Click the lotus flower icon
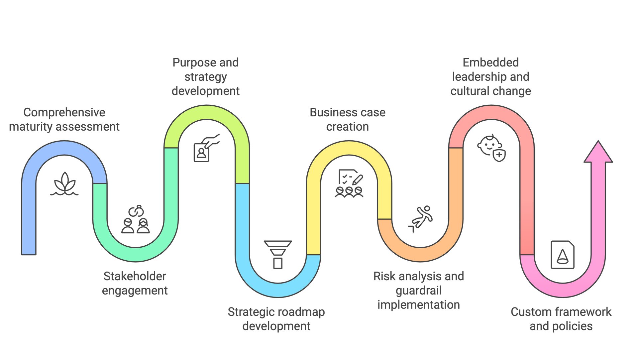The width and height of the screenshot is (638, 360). coord(64,184)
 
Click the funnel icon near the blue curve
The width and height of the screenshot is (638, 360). coord(278,254)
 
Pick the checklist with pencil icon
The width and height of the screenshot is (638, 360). coord(349,183)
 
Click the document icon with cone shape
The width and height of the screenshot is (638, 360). coord(563,255)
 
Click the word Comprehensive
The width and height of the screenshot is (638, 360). coord(64,112)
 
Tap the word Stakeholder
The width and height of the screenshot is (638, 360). coord(135,276)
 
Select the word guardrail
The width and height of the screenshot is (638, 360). coord(419,291)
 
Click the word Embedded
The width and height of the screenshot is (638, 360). coord(490,62)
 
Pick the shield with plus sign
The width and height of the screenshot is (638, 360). coord(499,155)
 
